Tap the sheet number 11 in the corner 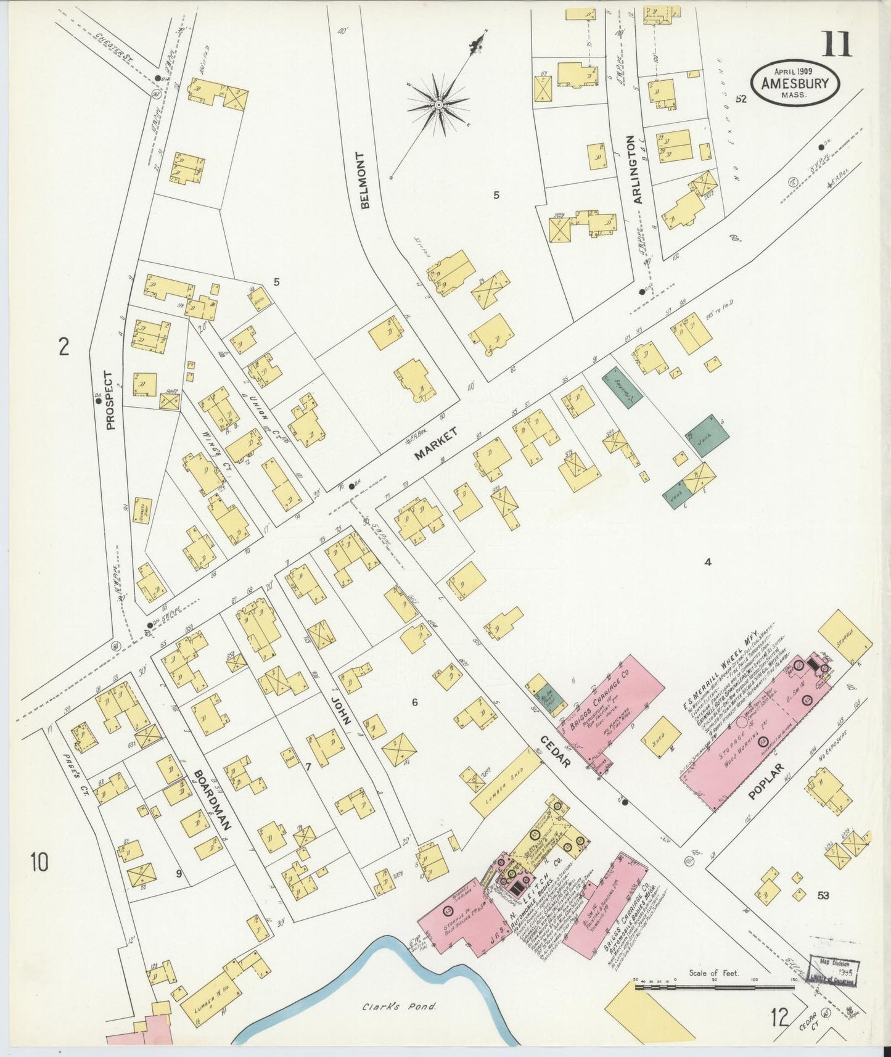coord(836,44)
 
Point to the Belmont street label coord(364,181)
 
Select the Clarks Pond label coord(399,1007)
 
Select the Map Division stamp coord(836,972)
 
